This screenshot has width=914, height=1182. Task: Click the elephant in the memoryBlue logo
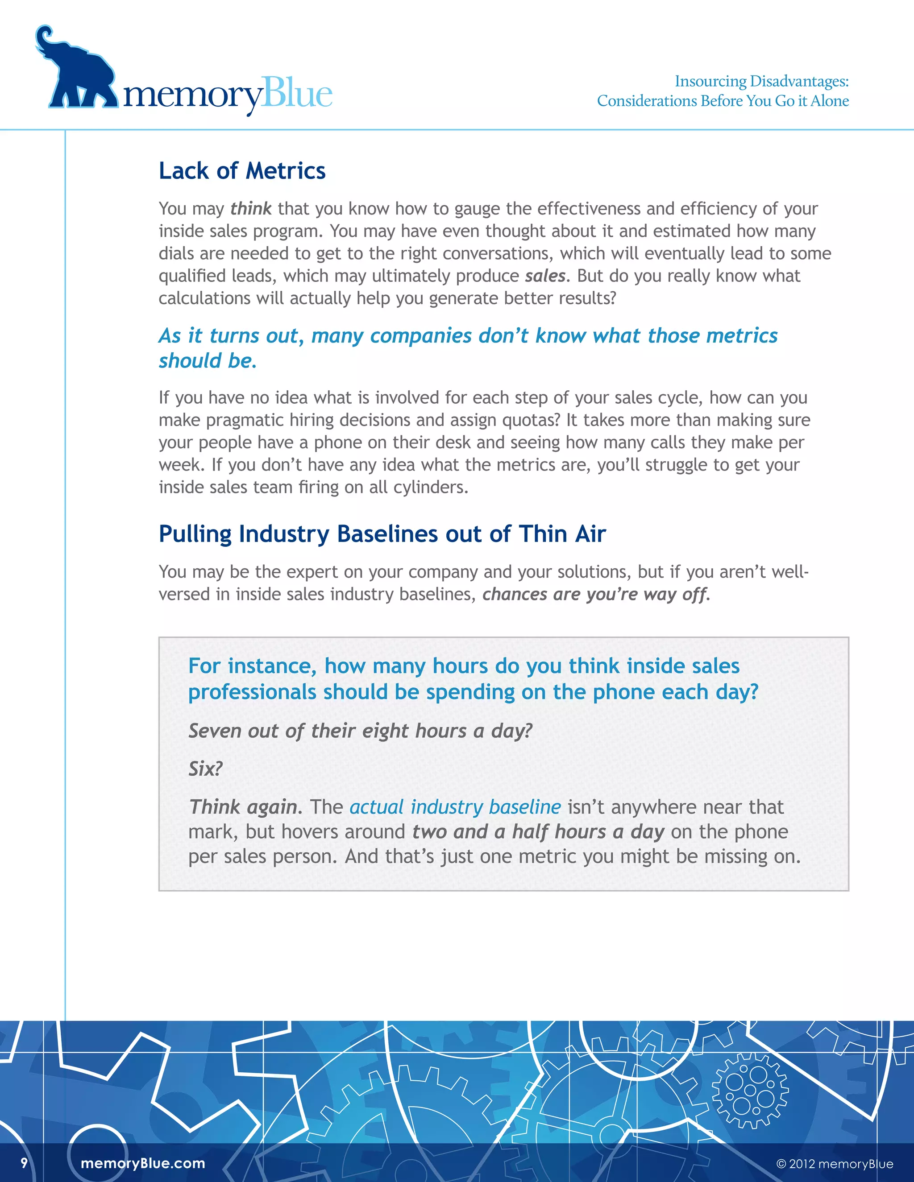point(76,73)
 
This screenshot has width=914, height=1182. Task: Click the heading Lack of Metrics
point(242,171)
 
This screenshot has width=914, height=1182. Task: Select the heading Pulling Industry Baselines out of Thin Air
point(382,534)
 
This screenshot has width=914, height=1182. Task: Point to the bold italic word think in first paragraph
point(251,209)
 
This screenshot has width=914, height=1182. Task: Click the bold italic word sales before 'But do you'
point(545,276)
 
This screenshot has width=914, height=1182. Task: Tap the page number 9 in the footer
point(24,1163)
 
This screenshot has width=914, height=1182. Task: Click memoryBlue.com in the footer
point(143,1164)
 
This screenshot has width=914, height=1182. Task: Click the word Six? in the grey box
point(205,769)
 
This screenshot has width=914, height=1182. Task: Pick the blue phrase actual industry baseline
point(455,807)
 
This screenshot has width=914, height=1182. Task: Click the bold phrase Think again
point(243,807)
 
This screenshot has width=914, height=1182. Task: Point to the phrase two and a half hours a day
point(538,832)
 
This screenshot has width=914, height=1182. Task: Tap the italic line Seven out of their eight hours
point(360,731)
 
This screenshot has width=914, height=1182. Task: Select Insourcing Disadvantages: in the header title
point(761,81)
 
